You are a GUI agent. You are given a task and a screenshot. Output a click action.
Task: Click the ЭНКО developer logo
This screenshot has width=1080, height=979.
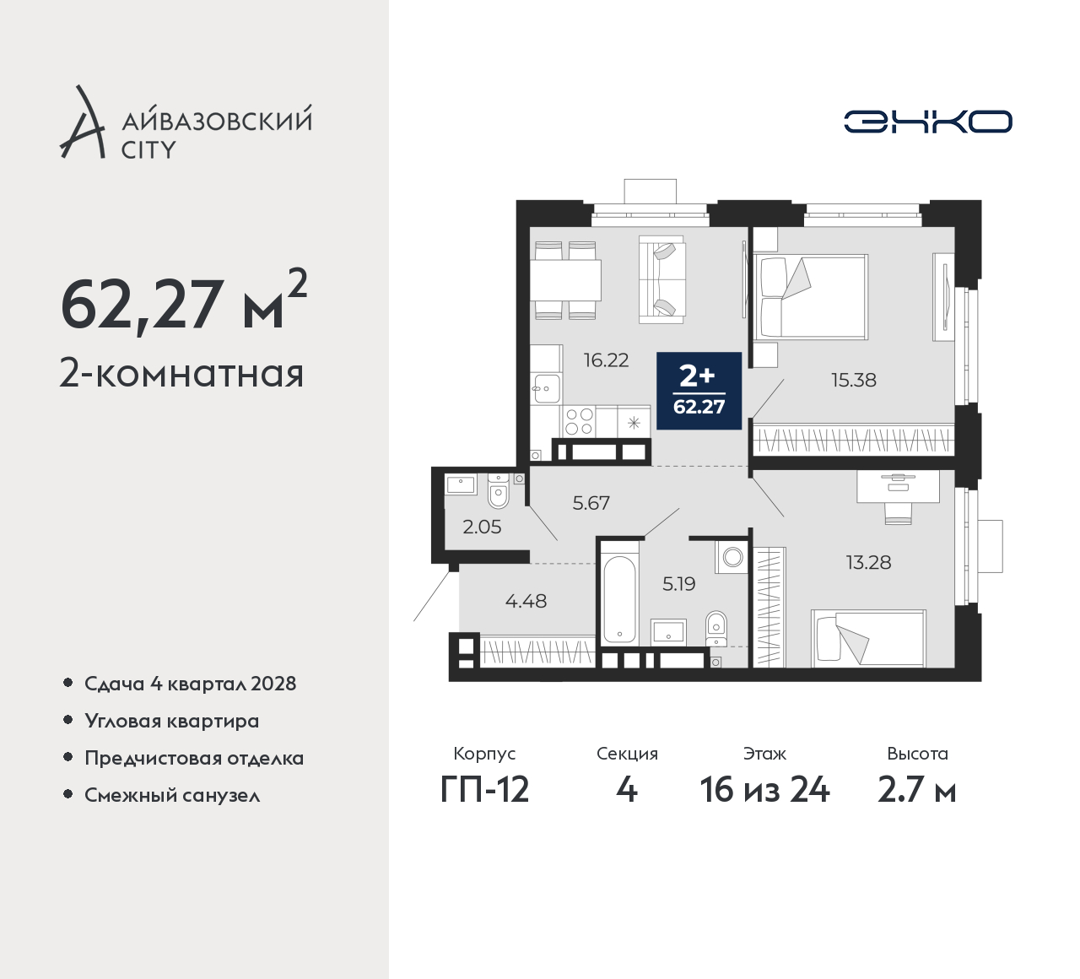(x=927, y=122)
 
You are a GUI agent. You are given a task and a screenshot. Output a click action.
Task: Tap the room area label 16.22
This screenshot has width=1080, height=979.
(x=606, y=360)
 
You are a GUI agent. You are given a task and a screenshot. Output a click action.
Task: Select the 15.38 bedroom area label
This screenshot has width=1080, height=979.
(x=853, y=380)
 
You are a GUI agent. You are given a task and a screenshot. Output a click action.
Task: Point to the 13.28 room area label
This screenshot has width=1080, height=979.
(x=868, y=563)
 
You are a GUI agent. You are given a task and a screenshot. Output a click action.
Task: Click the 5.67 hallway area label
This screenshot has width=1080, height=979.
(x=591, y=503)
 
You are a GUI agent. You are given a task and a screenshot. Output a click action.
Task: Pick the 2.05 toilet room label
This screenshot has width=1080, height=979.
(x=482, y=527)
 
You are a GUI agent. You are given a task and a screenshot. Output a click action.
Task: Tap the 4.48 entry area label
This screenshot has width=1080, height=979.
(x=526, y=601)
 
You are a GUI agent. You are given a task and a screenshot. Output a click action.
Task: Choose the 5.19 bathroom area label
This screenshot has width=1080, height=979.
(x=678, y=584)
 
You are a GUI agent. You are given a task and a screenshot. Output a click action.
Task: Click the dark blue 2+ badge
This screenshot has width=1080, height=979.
(x=699, y=391)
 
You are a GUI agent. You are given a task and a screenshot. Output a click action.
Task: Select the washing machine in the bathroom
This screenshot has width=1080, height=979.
(x=732, y=558)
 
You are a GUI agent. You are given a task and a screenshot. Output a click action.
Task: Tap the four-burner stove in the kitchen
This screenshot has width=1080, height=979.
(x=579, y=422)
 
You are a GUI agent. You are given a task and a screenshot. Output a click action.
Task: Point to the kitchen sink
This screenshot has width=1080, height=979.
(x=546, y=387)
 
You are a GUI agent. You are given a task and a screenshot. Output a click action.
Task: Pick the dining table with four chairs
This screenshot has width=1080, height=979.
(x=565, y=280)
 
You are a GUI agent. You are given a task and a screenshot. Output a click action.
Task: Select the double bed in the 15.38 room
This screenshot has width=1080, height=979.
(x=810, y=297)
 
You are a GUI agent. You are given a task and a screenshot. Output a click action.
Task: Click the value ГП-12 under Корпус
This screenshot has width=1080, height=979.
(x=484, y=791)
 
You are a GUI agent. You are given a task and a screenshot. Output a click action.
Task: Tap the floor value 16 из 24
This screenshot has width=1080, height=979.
(x=764, y=791)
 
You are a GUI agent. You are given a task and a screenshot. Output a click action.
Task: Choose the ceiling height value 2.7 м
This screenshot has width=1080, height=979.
(x=917, y=791)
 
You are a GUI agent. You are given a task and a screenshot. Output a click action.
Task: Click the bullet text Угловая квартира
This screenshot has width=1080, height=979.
(x=172, y=722)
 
